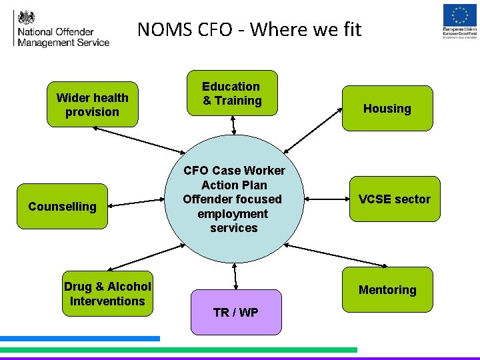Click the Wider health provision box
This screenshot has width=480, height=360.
(x=92, y=105)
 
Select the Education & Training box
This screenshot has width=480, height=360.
(x=232, y=93)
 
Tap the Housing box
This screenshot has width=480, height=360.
(x=387, y=108)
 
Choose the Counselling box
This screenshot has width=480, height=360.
(x=62, y=207)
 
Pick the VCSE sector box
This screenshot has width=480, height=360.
(x=395, y=199)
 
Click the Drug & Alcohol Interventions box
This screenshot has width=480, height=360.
(x=107, y=293)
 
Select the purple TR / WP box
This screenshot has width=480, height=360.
(x=236, y=312)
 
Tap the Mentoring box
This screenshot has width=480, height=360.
(x=387, y=289)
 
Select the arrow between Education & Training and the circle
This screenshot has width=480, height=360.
(x=233, y=125)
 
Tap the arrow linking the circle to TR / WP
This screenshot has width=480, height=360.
(x=235, y=275)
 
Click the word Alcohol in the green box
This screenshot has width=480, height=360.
(x=129, y=287)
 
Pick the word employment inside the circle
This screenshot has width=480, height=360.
(x=233, y=214)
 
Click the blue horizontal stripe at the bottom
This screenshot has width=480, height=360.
(x=80, y=339)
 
